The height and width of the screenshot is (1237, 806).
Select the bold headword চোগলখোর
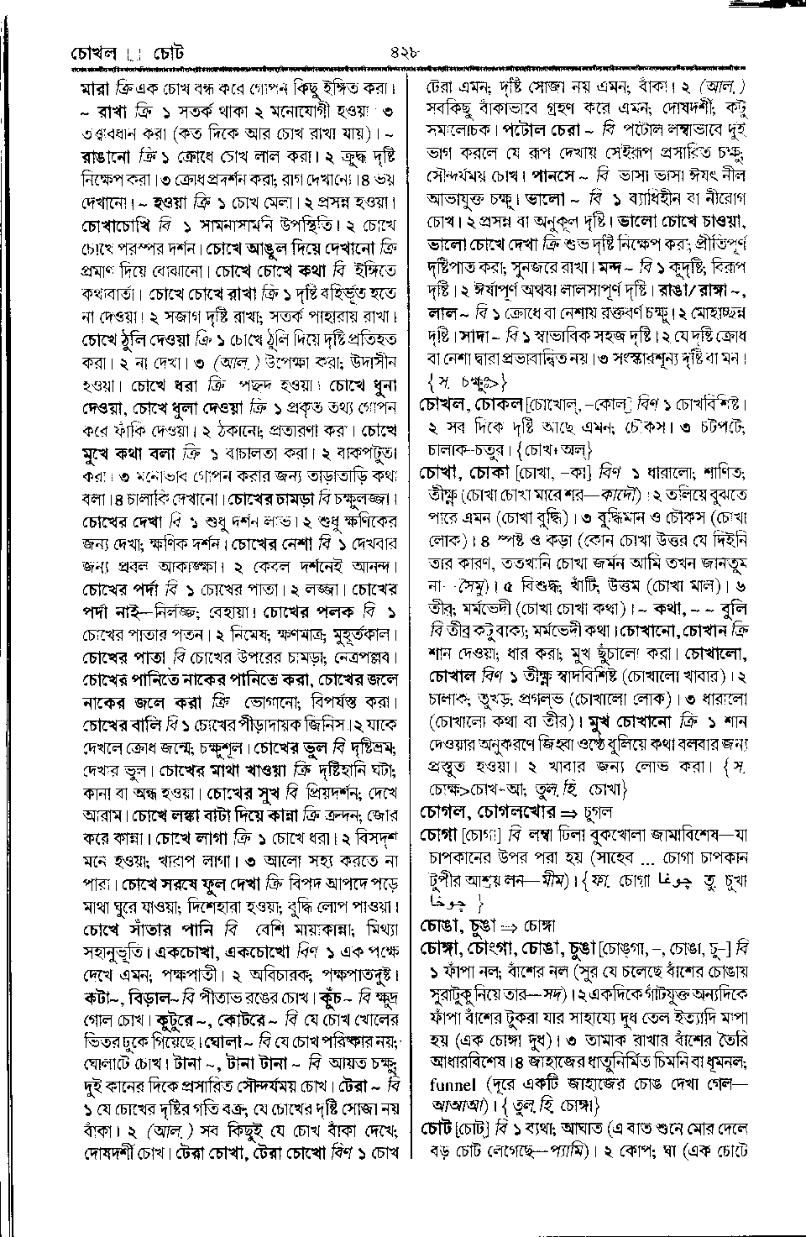pyautogui.click(x=516, y=812)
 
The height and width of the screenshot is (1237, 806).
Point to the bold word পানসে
pyautogui.click(x=558, y=177)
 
